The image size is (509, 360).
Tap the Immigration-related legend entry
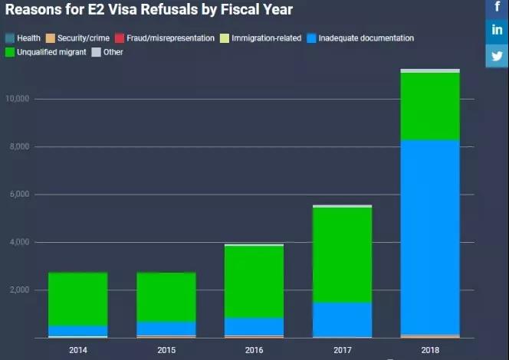(x=260, y=38)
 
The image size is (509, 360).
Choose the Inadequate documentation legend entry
(x=360, y=38)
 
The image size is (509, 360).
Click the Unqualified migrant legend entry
(x=45, y=52)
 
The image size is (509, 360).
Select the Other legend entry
(x=107, y=52)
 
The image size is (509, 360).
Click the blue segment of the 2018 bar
(x=430, y=237)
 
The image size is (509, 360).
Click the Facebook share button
(x=498, y=7)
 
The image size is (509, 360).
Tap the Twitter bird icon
(x=498, y=55)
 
